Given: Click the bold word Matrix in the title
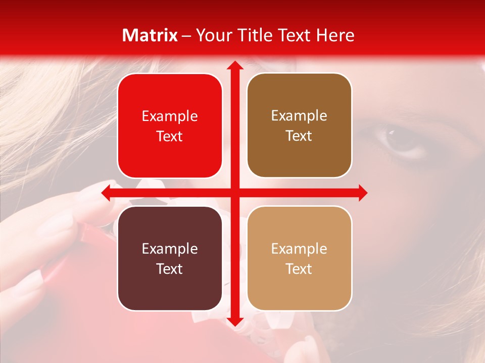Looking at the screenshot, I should point(150,35).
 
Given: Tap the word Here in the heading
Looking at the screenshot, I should point(335,35).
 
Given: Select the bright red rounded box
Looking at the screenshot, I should point(170,126).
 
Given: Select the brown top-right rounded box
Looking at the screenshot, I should point(299,126).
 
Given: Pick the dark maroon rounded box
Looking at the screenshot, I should point(170,258).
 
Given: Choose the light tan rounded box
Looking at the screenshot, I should point(299,258).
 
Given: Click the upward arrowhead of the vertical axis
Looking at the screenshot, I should point(234,66).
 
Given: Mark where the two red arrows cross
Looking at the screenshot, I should point(234,193).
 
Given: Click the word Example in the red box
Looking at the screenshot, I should point(170,116).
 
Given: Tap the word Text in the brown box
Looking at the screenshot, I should point(299,136).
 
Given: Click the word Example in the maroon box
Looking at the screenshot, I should point(170,249).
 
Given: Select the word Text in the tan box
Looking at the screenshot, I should point(299,269).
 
